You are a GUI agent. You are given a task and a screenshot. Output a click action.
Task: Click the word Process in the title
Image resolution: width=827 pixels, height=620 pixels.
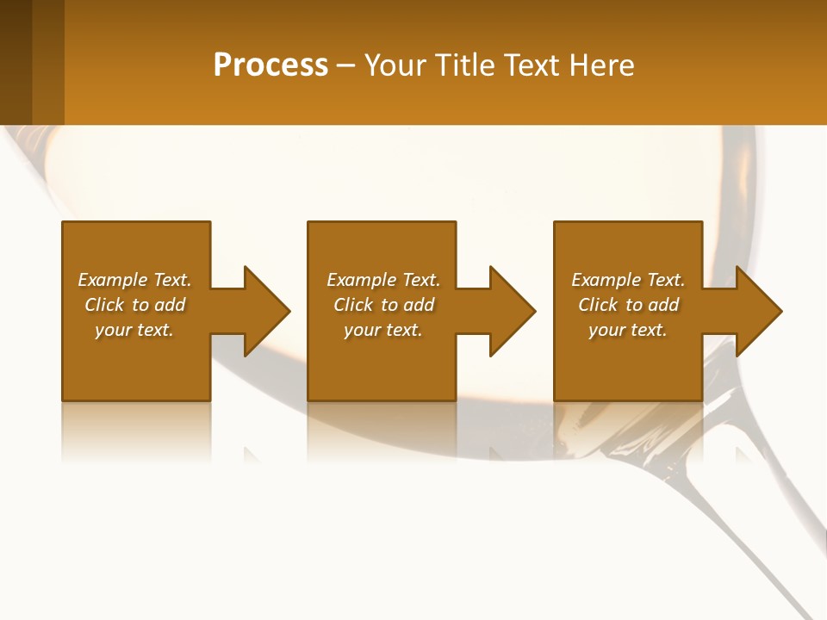(x=270, y=65)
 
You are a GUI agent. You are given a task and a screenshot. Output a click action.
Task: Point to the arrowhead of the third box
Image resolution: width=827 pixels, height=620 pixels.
(x=757, y=311)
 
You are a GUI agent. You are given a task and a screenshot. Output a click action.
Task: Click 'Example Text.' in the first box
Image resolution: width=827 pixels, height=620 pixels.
(x=134, y=280)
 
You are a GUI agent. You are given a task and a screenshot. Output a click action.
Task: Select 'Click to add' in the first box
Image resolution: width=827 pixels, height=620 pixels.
(x=134, y=305)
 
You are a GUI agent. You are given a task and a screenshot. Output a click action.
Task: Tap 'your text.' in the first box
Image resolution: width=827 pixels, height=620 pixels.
(x=134, y=330)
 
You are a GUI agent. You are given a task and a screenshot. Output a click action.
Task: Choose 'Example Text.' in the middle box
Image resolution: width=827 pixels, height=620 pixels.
(x=382, y=280)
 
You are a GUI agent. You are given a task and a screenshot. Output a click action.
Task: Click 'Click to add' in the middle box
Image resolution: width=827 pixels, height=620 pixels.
(x=382, y=305)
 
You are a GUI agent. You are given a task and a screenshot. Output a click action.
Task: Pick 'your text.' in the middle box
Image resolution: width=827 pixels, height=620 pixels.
(x=382, y=330)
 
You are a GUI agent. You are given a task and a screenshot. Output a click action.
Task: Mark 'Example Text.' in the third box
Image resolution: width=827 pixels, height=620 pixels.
(x=628, y=280)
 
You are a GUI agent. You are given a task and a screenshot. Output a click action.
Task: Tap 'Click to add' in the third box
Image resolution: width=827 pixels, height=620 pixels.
(x=628, y=305)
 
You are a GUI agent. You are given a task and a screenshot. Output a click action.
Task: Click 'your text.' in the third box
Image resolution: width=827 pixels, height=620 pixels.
(x=628, y=330)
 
